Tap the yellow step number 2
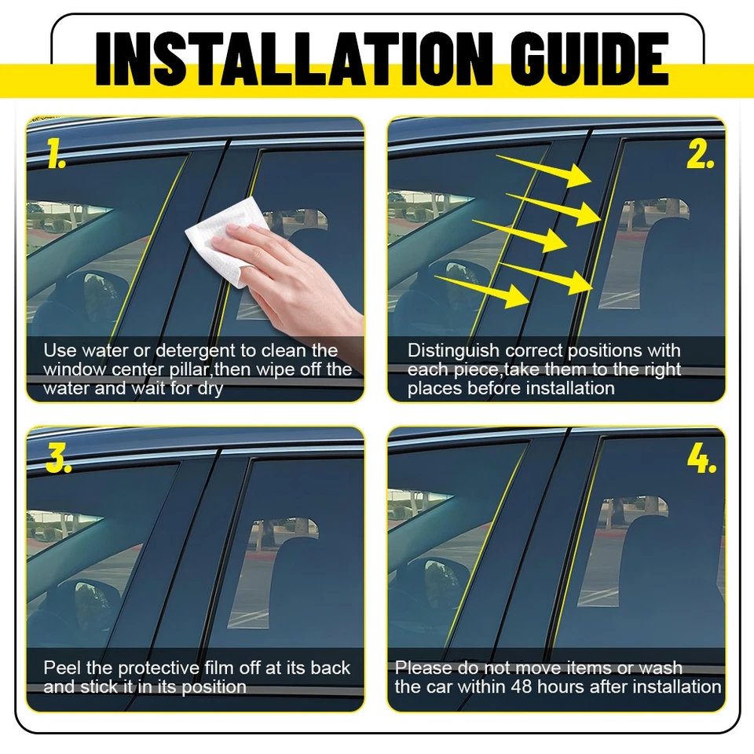(700, 156)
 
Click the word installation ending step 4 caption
(676, 687)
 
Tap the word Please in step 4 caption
(421, 668)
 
